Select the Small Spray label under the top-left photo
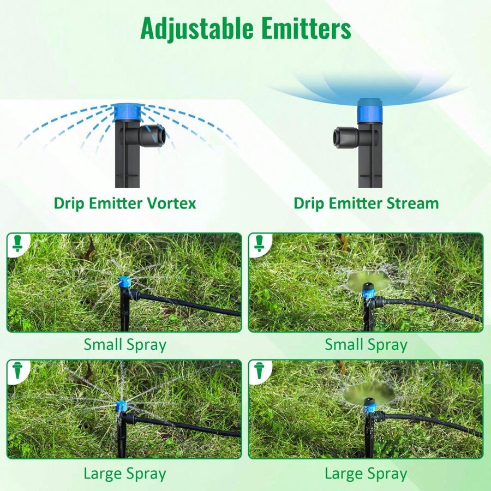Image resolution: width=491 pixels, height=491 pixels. [x=125, y=345]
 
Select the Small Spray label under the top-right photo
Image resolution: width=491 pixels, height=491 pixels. [x=366, y=345]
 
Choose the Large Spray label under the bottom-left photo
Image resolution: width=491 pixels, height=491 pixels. [x=125, y=474]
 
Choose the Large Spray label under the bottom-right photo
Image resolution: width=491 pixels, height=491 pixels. [x=366, y=474]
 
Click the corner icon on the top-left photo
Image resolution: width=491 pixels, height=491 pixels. [x=17, y=244]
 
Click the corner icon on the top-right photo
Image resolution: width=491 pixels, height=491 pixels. [x=259, y=244]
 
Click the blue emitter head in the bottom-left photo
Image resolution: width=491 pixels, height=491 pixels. [x=122, y=406]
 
